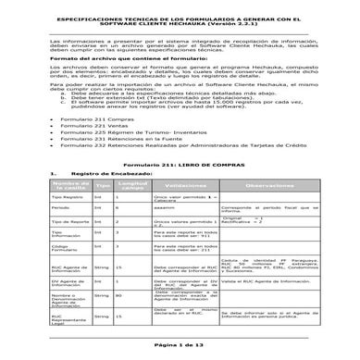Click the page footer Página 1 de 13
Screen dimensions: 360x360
tap(180, 343)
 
